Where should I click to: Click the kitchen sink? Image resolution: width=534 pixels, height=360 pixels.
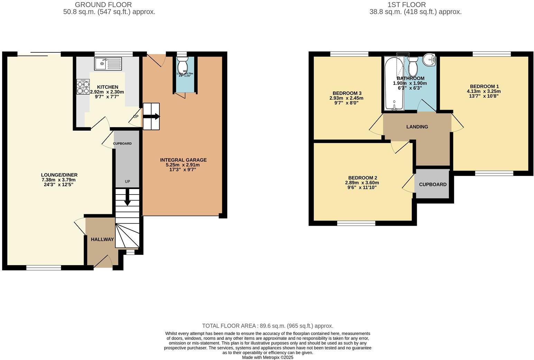108,64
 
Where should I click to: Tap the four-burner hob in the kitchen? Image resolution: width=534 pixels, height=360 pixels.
83,87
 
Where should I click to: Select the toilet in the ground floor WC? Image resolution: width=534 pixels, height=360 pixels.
182,65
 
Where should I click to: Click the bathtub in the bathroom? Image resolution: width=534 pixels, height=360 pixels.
394,84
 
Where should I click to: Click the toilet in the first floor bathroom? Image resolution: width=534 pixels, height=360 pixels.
413,67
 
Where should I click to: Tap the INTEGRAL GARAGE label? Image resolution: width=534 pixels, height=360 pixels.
183,160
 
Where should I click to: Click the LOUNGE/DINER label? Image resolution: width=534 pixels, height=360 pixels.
59,175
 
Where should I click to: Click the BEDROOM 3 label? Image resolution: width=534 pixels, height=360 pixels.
347,93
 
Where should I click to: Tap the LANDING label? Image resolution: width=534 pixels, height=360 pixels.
417,127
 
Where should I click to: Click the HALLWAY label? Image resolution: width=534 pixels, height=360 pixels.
102,239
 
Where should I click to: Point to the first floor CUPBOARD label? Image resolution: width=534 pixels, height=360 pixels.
433,184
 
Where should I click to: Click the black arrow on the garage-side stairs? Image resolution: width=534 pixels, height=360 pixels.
152,117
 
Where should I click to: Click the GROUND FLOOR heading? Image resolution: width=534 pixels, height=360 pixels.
103,4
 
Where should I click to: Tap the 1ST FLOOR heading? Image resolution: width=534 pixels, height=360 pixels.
407,4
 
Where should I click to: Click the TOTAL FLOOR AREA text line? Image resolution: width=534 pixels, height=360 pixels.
267,326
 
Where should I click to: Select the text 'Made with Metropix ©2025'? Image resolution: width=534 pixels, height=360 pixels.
267,357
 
